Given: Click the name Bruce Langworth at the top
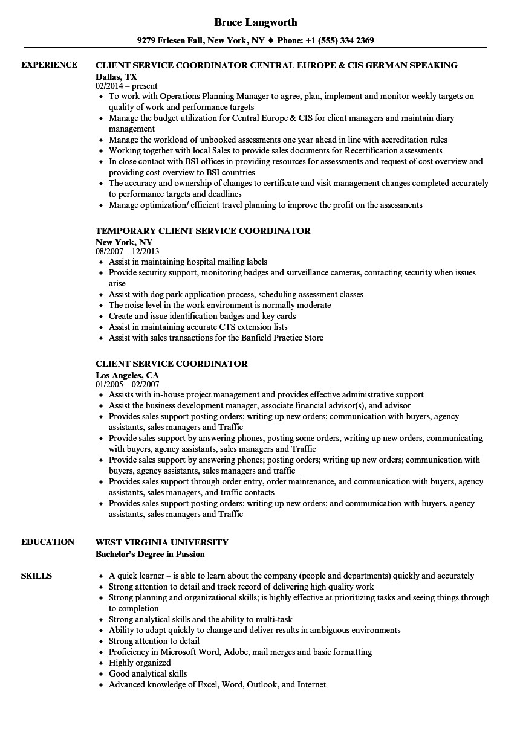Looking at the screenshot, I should [x=256, y=22].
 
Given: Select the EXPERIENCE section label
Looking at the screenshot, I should [x=49, y=65].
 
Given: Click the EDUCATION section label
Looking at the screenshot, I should [x=48, y=542].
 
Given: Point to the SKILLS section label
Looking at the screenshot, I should [x=36, y=576].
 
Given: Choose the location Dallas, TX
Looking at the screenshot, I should [x=116, y=77].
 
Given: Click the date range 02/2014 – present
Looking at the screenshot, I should [x=126, y=86].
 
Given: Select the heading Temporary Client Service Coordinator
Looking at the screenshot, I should [x=203, y=230].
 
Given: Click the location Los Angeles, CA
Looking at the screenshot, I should [x=127, y=375].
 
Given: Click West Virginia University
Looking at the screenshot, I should [x=162, y=542].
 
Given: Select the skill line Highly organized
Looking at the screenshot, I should [x=140, y=663].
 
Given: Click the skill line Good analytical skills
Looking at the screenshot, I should [x=148, y=673].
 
